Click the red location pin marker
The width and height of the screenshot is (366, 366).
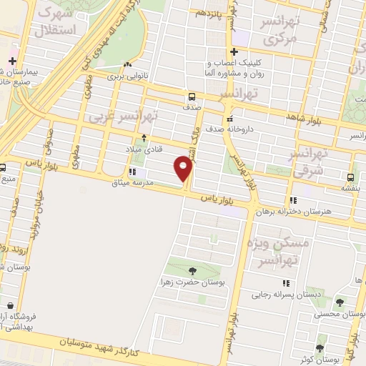[x=184, y=169]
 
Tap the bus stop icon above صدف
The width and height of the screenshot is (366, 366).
[x=192, y=97]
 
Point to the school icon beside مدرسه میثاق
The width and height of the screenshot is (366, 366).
[x=132, y=172]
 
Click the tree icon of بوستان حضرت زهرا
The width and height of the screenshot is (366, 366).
[x=192, y=270]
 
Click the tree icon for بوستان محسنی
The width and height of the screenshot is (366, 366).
[x=340, y=302]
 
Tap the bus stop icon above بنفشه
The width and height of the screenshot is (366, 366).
[x=350, y=177]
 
